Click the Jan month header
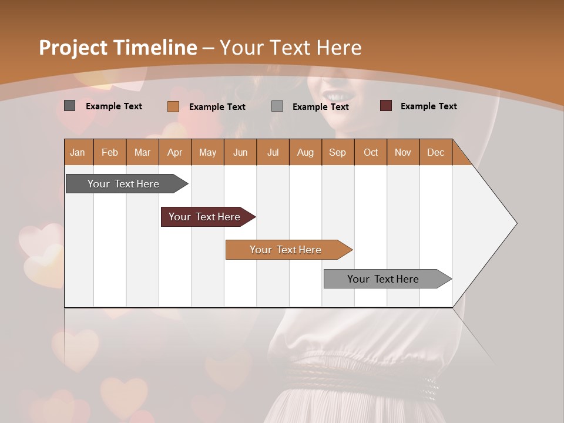point(78,152)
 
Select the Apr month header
point(175,152)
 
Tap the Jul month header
point(273,152)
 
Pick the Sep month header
point(338,152)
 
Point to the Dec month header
point(436,152)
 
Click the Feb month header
point(110,152)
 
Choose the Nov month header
point(403,152)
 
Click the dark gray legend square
point(70,106)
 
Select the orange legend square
point(173,106)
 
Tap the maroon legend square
point(386,106)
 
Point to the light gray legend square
point(277,106)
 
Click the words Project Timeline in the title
point(117,48)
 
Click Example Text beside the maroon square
point(428,106)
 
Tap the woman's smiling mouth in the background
point(338,96)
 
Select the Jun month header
point(240,152)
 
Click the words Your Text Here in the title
point(291,48)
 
